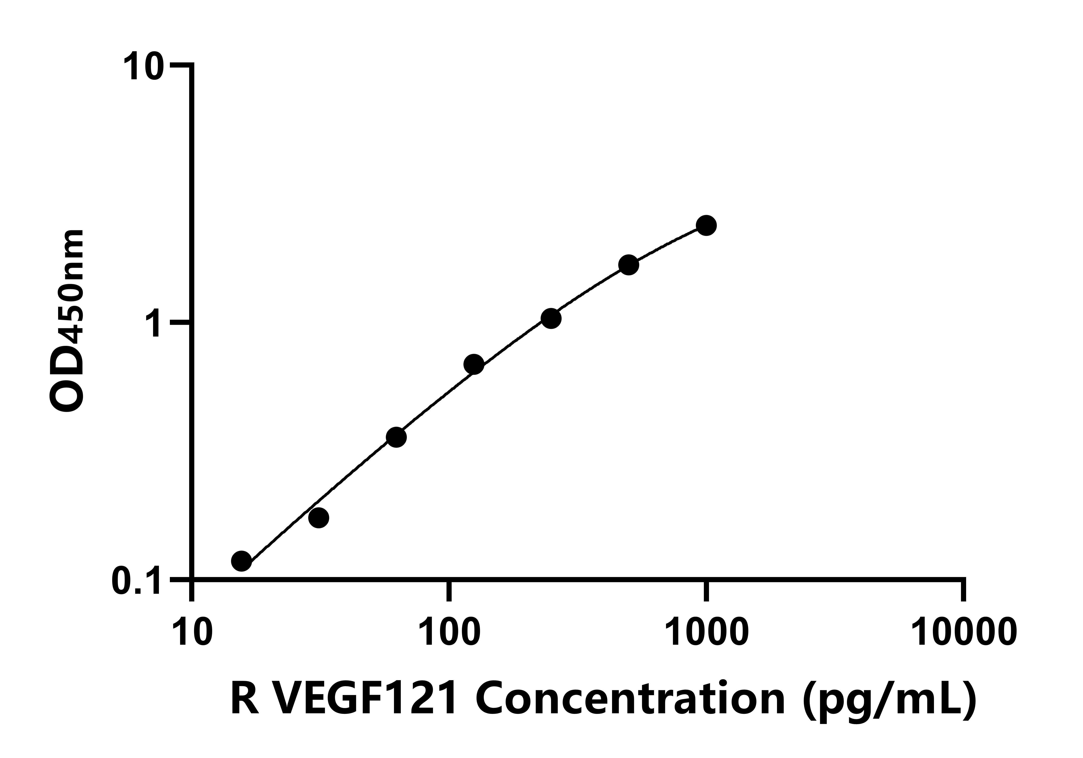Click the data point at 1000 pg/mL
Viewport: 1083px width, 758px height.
(706, 225)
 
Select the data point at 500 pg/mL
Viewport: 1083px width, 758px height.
(628, 265)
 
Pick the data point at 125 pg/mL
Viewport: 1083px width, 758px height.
(474, 364)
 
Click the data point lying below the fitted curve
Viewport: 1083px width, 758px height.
(319, 518)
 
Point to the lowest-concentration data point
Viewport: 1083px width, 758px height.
(241, 561)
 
